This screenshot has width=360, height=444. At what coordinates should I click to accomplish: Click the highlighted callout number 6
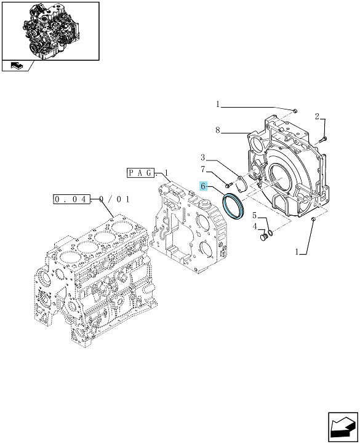[x=203, y=186]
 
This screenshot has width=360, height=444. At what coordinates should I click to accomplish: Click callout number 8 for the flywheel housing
[x=218, y=130]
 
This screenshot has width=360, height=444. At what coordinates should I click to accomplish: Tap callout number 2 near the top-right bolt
[x=317, y=116]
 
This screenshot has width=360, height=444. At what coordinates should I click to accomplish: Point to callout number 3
[x=203, y=157]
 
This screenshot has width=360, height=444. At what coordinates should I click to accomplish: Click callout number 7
[x=203, y=170]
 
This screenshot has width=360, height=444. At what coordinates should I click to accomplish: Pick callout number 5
[x=255, y=216]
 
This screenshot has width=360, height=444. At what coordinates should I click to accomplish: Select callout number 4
[x=255, y=226]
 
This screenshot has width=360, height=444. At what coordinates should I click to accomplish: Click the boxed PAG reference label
[x=140, y=172]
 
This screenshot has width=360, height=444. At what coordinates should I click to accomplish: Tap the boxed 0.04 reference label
[x=71, y=199]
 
